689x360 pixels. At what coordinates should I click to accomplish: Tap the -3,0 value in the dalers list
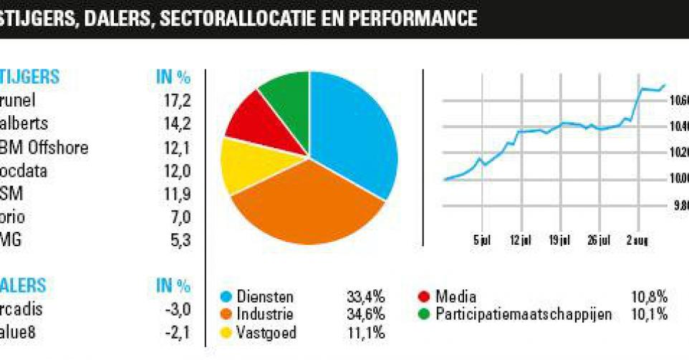[175, 310]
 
